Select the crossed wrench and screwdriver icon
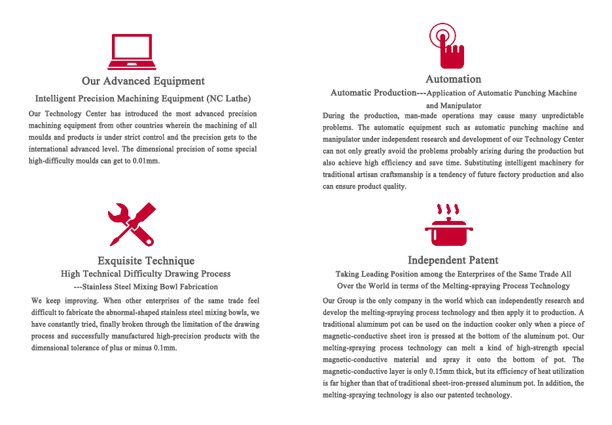[132, 224]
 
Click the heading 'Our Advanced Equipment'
[143, 81]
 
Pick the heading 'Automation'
[453, 79]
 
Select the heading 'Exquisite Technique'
[145, 261]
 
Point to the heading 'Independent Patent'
[453, 260]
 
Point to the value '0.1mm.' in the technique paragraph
[164, 348]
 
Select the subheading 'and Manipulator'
[453, 105]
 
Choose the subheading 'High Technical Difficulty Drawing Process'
[145, 274]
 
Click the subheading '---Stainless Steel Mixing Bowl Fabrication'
[145, 286]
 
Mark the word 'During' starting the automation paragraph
[334, 116]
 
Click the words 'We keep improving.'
[64, 301]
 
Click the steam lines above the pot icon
[448, 211]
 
